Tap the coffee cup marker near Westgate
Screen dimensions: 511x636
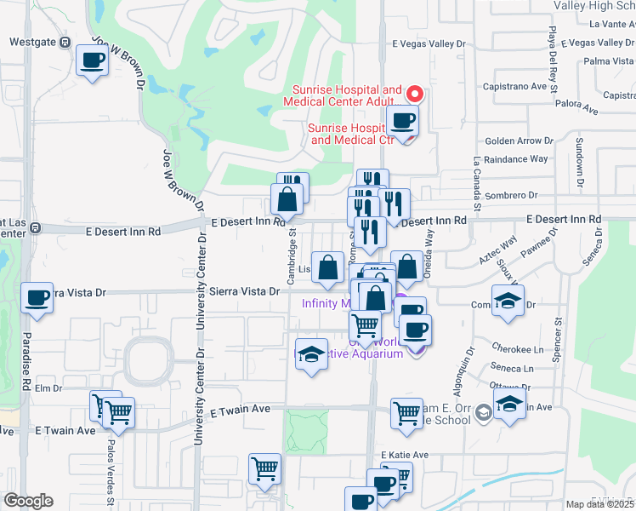(93, 60)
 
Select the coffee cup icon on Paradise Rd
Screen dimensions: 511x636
(37, 298)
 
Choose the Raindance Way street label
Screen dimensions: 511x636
(516, 158)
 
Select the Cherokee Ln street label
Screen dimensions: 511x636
(517, 349)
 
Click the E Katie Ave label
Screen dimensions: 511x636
(405, 455)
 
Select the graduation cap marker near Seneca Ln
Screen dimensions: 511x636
(508, 404)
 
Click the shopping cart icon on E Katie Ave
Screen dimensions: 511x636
(265, 468)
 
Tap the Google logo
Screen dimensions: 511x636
(28, 501)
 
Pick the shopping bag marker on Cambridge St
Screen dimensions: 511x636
(288, 200)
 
